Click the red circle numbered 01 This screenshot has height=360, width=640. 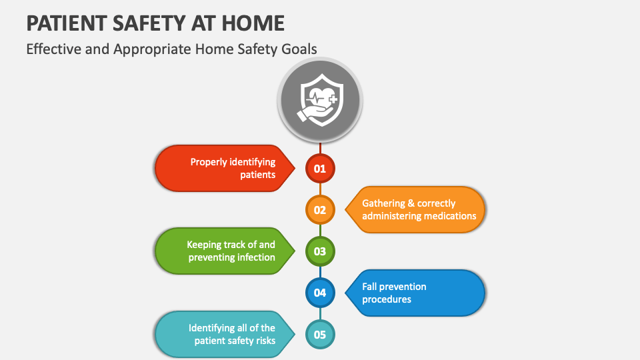coord(320,169)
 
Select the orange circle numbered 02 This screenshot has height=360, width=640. coord(320,210)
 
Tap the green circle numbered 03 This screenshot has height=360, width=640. coord(320,251)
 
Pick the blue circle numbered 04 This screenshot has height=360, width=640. coord(320,293)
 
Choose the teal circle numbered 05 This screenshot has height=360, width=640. coord(320,335)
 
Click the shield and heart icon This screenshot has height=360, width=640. coord(320,99)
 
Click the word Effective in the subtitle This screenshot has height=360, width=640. coord(53,49)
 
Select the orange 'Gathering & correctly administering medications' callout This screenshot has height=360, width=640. coord(417,210)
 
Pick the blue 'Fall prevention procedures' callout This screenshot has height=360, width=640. coord(417,293)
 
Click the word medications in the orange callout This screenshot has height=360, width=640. coord(448,216)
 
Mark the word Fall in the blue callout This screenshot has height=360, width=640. coord(370,287)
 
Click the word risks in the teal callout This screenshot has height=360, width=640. coord(263,341)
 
